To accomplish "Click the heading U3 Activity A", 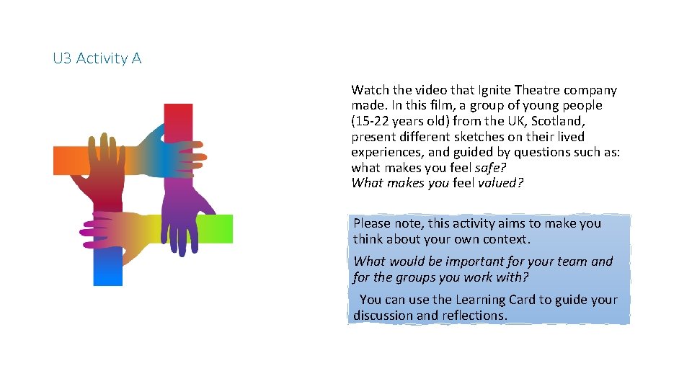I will pyautogui.click(x=97, y=58).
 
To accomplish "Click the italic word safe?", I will pyautogui.click(x=491, y=168).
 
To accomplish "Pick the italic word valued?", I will pyautogui.click(x=500, y=183).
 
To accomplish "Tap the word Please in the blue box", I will pyautogui.click(x=372, y=223).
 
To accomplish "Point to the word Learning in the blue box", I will pyautogui.click(x=482, y=300).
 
